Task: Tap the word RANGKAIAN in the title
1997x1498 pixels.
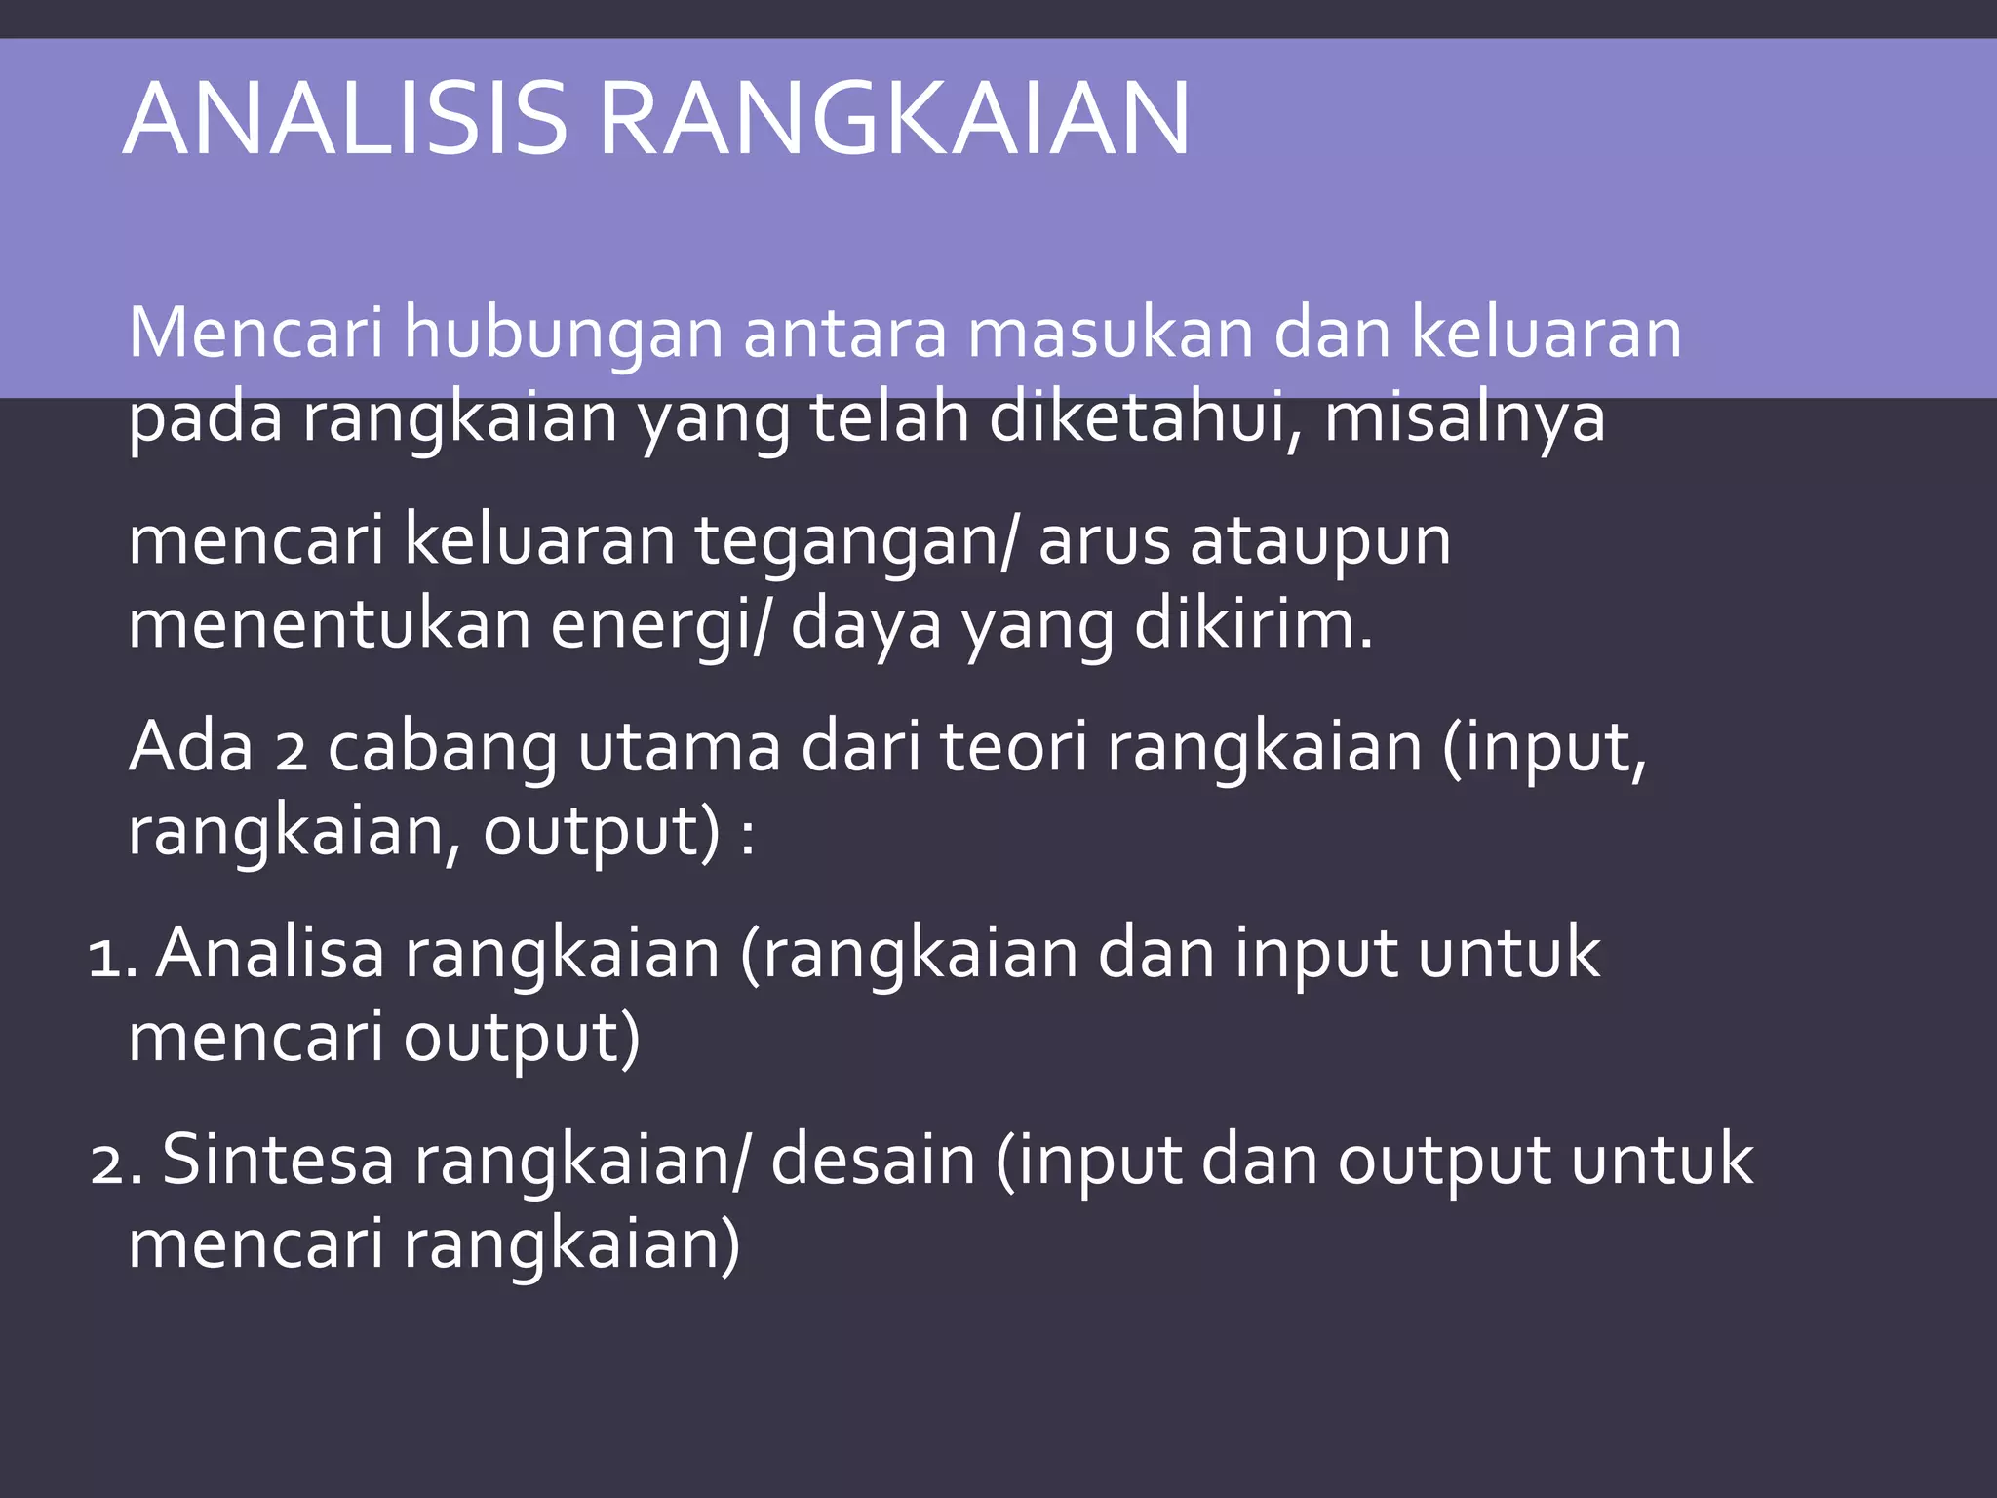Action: click(x=893, y=119)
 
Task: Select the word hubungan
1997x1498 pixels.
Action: click(x=564, y=334)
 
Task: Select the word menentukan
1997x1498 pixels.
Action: click(x=330, y=625)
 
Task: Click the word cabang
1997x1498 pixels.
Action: click(x=441, y=749)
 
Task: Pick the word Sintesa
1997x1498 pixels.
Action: click(x=278, y=1161)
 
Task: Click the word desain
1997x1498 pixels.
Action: click(x=873, y=1161)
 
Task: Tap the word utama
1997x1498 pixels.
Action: click(x=680, y=749)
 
